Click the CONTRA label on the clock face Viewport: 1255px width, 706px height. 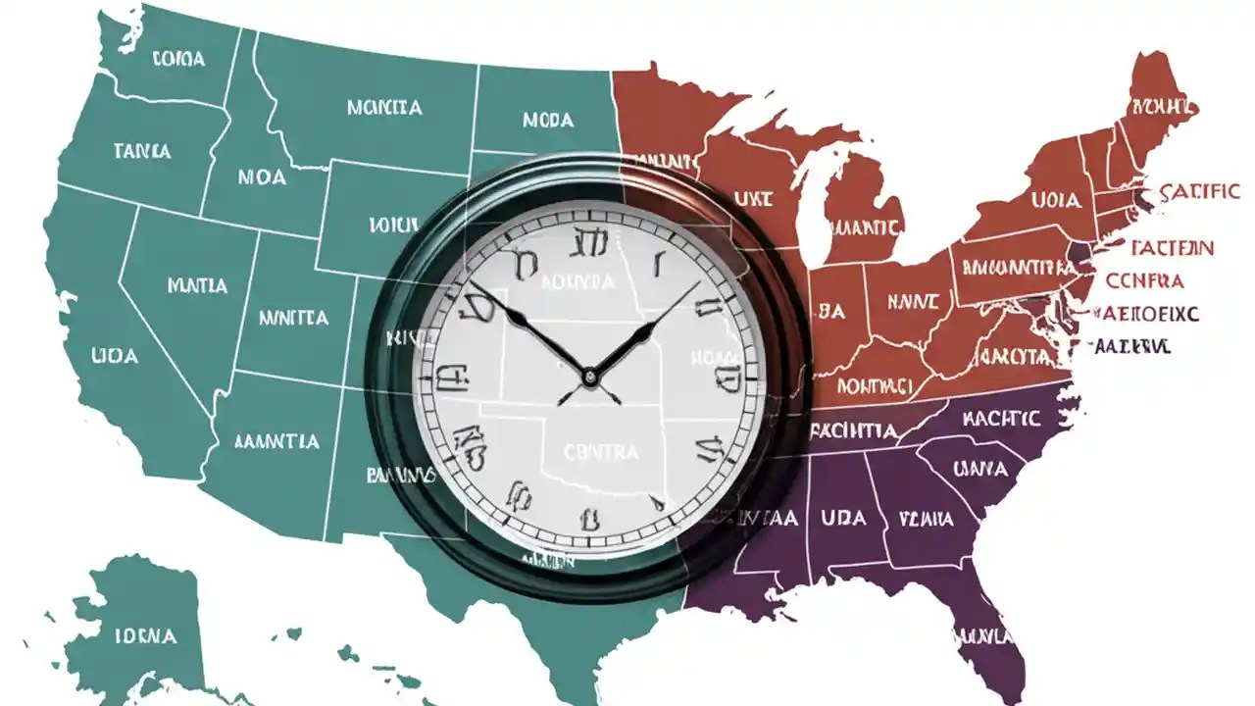(x=601, y=452)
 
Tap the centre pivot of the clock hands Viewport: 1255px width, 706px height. (x=588, y=376)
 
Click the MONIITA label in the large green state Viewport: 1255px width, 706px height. (x=384, y=107)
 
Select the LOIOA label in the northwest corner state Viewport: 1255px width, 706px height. (x=179, y=59)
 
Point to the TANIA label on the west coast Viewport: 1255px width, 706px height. (x=141, y=151)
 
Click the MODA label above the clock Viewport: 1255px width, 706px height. (x=548, y=121)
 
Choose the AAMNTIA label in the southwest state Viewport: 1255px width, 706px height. (x=276, y=441)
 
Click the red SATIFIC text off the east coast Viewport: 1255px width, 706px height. (x=1198, y=192)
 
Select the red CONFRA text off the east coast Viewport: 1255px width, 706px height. (x=1144, y=280)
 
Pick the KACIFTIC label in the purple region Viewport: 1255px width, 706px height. (x=1001, y=419)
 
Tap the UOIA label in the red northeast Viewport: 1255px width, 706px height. (x=1056, y=201)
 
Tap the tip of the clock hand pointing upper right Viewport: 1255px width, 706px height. (x=698, y=284)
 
